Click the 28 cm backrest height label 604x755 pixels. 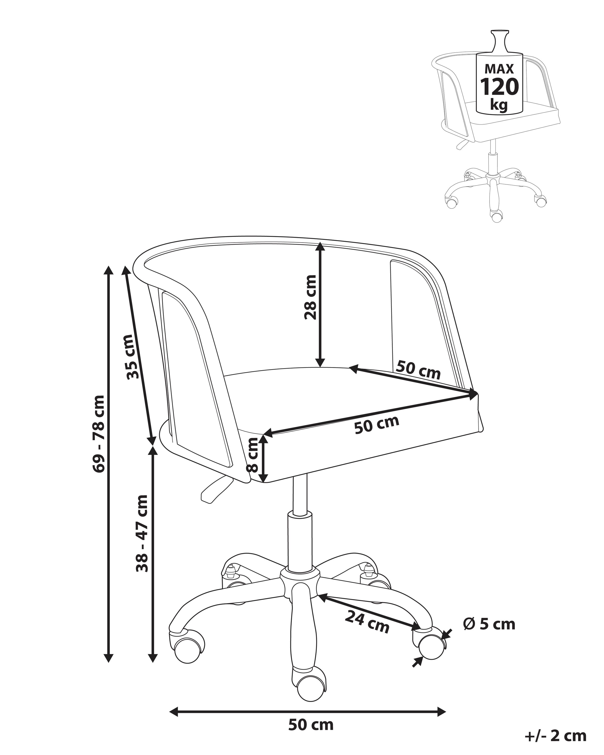point(310,297)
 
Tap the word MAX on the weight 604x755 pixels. point(499,69)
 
